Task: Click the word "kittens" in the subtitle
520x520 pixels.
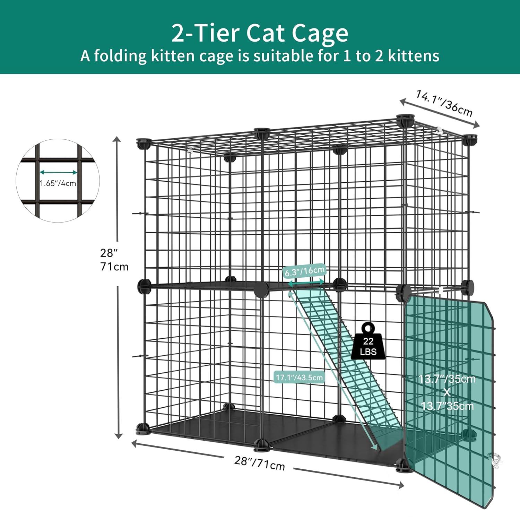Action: point(413,56)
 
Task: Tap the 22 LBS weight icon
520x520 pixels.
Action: point(368,341)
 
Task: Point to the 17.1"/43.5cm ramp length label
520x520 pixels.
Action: point(299,377)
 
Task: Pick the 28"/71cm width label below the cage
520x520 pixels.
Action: point(260,463)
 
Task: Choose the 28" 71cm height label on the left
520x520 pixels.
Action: point(114,260)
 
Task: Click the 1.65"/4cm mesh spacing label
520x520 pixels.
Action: point(58,183)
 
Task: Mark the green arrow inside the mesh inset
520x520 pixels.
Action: point(58,172)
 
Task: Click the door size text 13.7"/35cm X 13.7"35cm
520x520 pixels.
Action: point(447,392)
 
